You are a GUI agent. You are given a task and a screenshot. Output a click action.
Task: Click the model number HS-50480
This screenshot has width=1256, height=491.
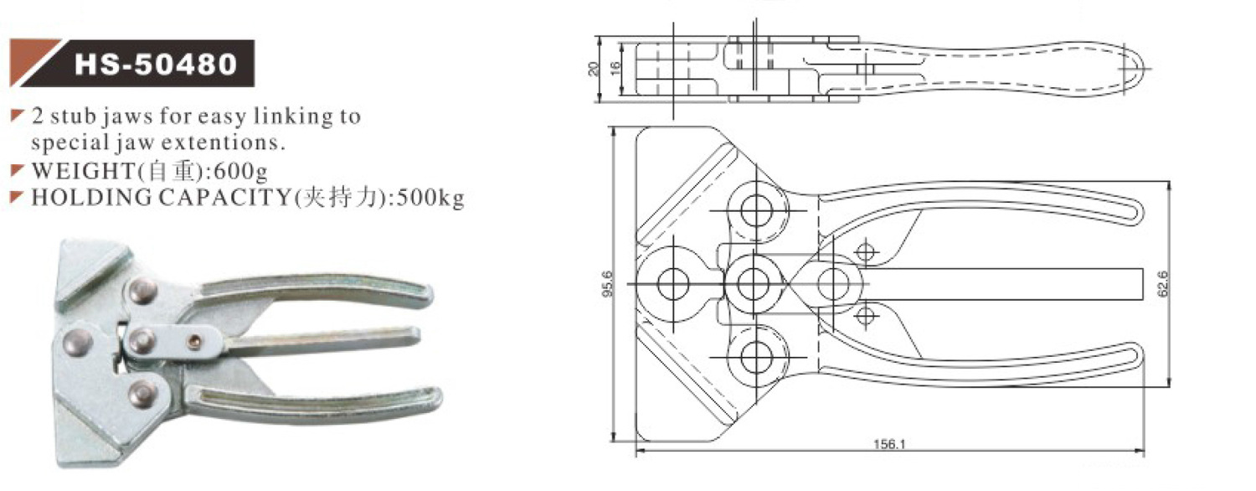(x=156, y=65)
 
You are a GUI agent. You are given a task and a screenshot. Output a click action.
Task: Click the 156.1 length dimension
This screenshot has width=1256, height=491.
(x=889, y=445)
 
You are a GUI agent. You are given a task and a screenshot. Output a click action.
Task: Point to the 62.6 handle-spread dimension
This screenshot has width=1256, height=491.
(x=1162, y=284)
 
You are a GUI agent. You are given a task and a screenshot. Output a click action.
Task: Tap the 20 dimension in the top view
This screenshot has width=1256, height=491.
(x=595, y=69)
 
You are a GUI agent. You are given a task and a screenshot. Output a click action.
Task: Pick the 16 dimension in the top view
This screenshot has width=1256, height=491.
(x=615, y=69)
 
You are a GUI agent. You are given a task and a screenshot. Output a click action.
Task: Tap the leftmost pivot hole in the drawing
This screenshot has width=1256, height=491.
(x=672, y=284)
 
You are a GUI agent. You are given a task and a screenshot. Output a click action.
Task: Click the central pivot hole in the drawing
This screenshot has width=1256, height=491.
(x=754, y=284)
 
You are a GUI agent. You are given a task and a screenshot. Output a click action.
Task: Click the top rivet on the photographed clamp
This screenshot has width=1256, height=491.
(x=142, y=290)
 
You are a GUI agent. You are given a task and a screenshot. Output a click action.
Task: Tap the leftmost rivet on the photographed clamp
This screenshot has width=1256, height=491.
(x=80, y=340)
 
